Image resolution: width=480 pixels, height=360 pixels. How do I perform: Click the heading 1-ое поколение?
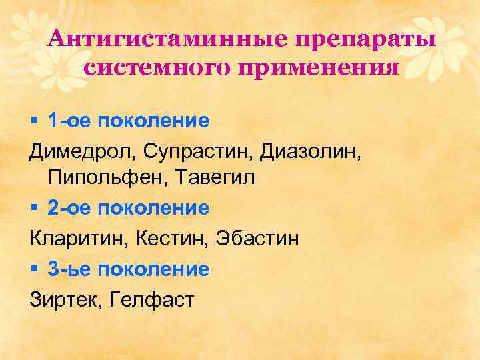tap(129, 121)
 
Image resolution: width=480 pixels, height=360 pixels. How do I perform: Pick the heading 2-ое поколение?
tap(129, 209)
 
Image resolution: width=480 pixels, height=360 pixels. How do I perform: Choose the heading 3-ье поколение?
tap(129, 269)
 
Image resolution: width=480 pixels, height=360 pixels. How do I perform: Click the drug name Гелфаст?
tap(149, 299)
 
